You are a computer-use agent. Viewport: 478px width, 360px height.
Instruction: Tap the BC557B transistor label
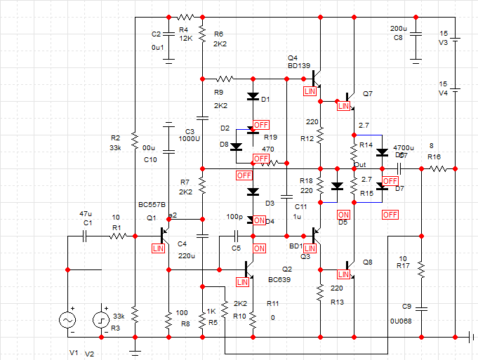pyautogui.click(x=152, y=205)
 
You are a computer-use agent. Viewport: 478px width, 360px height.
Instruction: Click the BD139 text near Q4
pyautogui.click(x=299, y=66)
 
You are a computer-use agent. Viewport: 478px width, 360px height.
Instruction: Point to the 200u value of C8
pyautogui.click(x=398, y=29)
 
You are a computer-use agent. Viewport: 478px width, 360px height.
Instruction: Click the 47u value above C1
pyautogui.click(x=86, y=213)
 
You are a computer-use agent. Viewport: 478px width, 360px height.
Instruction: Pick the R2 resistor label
pyautogui.click(x=116, y=138)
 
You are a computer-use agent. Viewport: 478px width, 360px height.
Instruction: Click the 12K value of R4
pyautogui.click(x=186, y=39)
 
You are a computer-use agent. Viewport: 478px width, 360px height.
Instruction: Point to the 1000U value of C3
pyautogui.click(x=190, y=139)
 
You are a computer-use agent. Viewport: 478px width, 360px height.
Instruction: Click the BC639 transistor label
pyautogui.click(x=278, y=279)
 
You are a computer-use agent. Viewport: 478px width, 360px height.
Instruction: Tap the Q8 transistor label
pyautogui.click(x=369, y=262)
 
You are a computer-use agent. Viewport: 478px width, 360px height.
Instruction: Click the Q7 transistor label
pyautogui.click(x=368, y=94)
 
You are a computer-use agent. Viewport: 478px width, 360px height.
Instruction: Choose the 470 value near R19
pyautogui.click(x=268, y=149)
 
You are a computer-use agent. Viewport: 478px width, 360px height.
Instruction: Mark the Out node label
pyautogui.click(x=360, y=165)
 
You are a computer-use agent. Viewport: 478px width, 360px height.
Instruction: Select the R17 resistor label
pyautogui.click(x=403, y=266)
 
